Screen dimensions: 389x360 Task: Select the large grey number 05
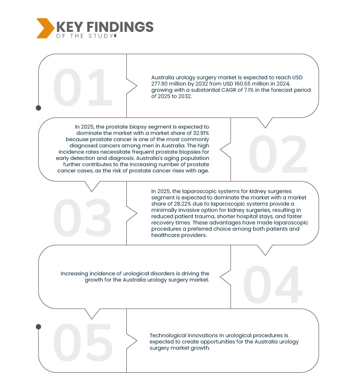coord(83,343)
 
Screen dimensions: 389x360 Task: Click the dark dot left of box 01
coord(38,109)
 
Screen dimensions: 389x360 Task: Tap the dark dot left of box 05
coord(38,327)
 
